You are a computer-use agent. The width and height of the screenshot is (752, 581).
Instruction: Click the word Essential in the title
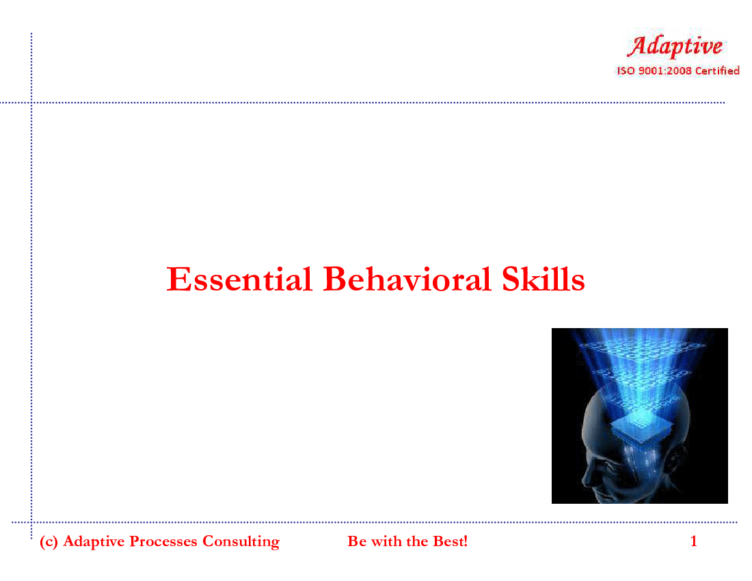[239, 279]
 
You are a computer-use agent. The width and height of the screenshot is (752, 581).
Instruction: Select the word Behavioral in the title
[407, 279]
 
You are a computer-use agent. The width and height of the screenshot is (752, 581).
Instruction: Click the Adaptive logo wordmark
[675, 46]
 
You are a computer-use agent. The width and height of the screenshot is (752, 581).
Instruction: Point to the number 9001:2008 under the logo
[664, 71]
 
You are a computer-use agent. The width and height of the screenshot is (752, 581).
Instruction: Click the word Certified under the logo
[717, 71]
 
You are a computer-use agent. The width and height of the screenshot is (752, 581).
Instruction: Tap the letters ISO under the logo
[626, 71]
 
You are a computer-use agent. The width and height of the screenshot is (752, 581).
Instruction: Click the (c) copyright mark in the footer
[49, 541]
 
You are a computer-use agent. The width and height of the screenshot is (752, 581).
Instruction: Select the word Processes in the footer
[163, 541]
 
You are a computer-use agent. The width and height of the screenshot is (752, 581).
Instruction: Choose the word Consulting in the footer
[241, 541]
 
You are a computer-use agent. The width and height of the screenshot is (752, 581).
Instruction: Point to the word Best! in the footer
[450, 541]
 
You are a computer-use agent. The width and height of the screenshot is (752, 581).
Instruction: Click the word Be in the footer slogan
[357, 541]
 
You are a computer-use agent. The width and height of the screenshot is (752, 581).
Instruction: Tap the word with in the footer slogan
[386, 541]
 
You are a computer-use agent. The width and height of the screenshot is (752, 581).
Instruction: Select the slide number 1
[693, 541]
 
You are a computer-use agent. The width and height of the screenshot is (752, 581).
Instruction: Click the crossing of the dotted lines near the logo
[31, 103]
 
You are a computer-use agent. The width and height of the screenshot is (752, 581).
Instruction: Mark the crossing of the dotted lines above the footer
[31, 522]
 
